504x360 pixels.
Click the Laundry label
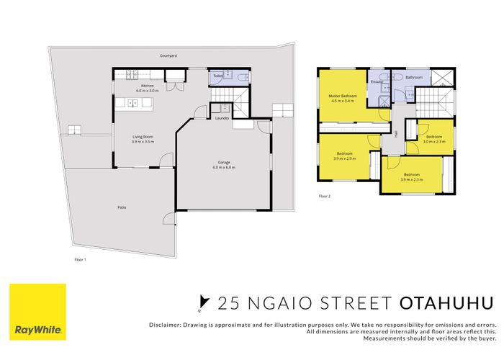(222, 118)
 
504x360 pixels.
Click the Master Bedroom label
(343, 96)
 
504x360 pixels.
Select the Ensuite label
(377, 81)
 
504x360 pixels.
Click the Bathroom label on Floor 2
(413, 77)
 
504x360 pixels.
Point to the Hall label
(396, 133)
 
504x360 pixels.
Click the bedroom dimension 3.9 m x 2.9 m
(345, 157)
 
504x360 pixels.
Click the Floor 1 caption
(80, 258)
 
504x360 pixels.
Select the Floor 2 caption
(324, 196)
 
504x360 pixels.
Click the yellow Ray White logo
(37, 311)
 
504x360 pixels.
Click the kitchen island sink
(132, 103)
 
